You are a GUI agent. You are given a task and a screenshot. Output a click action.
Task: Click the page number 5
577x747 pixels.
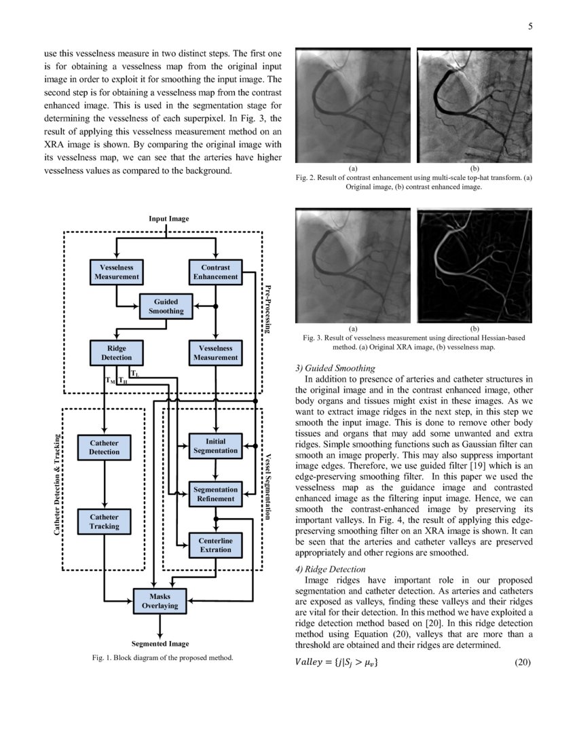[530, 26]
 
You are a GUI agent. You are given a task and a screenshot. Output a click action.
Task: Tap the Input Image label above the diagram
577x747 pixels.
[168, 218]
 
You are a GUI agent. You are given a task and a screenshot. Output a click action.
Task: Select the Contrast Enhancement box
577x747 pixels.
[215, 272]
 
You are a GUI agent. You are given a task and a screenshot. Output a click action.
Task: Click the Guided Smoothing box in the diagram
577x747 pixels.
[166, 306]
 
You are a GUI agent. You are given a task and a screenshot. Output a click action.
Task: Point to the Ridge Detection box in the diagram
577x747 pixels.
[117, 352]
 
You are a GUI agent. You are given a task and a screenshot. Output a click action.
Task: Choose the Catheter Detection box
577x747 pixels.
[104, 447]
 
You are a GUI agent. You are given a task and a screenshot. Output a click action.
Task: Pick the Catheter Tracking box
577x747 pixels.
[104, 522]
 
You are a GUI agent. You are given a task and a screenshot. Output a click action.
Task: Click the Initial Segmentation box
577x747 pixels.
[215, 445]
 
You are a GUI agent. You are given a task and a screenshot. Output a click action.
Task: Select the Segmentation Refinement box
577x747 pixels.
[215, 494]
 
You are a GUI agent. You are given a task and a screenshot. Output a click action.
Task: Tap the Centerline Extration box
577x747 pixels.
[215, 545]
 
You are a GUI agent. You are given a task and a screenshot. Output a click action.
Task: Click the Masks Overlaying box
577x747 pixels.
[160, 600]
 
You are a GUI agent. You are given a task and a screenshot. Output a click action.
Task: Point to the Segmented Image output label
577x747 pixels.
[160, 643]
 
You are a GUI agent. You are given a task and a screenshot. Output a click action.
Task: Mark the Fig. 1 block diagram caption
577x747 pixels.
[162, 657]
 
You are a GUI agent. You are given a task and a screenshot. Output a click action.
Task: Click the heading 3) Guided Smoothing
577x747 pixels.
[334, 368]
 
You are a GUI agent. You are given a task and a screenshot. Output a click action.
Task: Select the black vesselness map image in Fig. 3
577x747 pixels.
[474, 266]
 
